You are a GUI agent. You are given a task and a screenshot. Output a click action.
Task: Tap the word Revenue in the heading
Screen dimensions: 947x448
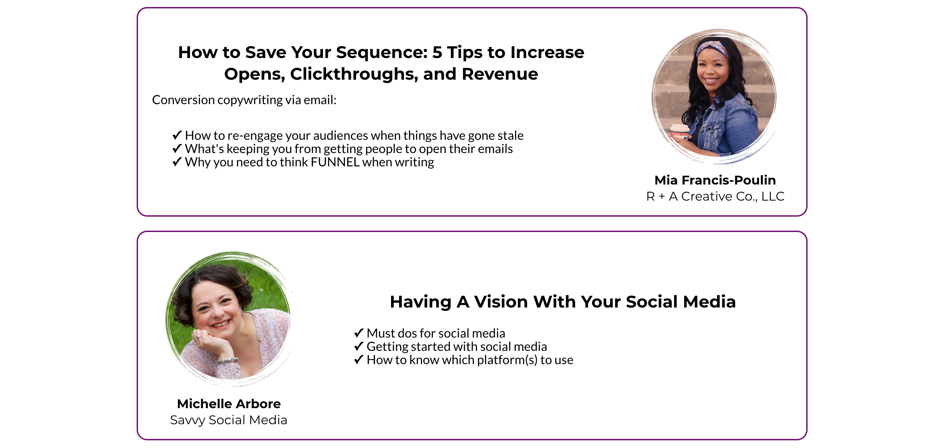coord(500,74)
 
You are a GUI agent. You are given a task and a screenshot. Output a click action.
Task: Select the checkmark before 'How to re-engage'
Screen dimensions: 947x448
coord(177,135)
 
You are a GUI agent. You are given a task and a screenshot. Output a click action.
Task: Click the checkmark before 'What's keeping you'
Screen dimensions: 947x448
coord(177,148)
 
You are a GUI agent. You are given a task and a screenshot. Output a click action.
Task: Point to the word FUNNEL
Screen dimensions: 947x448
coord(335,162)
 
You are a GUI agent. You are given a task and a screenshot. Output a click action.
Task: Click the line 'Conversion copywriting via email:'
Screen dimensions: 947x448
coord(244,100)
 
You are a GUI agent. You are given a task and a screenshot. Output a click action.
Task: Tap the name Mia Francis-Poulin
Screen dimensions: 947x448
coord(715,180)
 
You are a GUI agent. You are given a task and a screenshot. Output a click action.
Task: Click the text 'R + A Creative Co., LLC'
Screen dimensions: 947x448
coord(715,196)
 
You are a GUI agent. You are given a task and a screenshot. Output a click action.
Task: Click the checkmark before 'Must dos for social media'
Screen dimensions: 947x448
coord(359,333)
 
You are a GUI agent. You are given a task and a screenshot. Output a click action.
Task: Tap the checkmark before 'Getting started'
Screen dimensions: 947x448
coord(359,346)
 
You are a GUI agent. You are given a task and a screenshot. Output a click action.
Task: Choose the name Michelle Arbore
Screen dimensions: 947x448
coord(229,404)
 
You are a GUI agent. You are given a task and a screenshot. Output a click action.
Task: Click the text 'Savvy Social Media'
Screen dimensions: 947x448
coord(228,420)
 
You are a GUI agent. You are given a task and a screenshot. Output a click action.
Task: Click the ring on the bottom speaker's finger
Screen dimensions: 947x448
coord(198,336)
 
